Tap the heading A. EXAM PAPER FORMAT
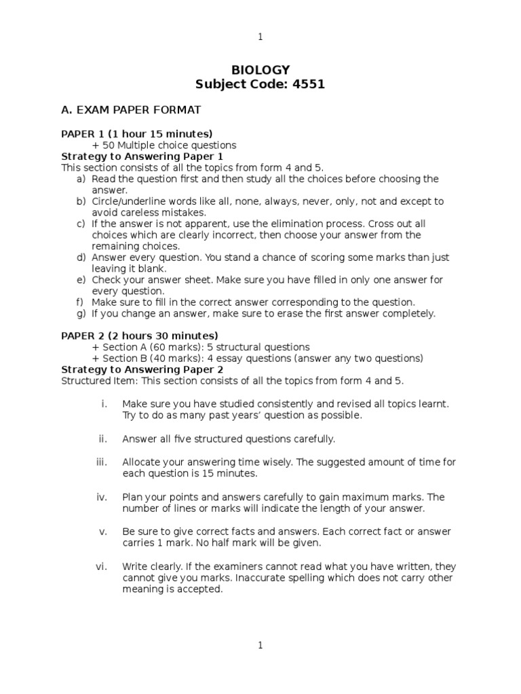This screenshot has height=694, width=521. (131, 109)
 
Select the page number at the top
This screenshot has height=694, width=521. (260, 37)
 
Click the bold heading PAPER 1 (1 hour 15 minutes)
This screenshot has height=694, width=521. (137, 134)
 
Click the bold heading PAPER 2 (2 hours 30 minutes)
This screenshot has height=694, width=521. (140, 335)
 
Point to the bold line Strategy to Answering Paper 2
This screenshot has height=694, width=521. (142, 369)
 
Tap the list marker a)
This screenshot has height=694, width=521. (81, 179)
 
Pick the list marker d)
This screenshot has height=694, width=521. (81, 258)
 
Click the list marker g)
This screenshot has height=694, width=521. (81, 313)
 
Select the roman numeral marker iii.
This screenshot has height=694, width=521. (102, 462)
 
